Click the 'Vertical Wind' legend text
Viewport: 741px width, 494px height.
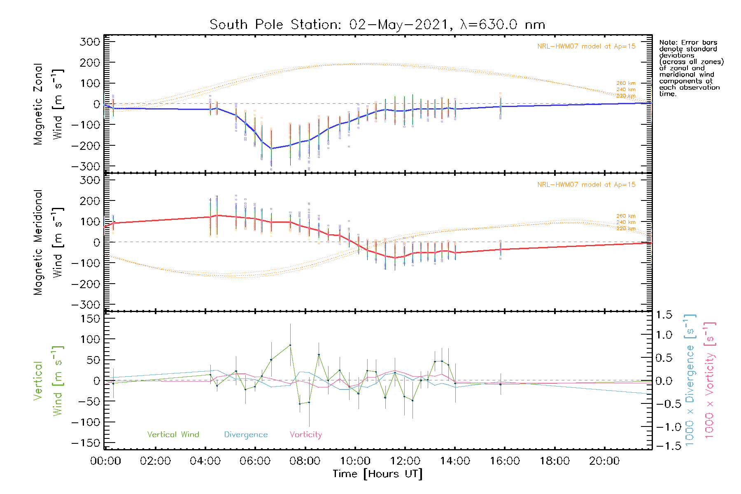point(173,434)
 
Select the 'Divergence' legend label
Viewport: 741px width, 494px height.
point(246,434)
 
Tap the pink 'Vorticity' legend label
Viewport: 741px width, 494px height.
point(305,434)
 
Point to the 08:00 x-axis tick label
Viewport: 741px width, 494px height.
point(305,461)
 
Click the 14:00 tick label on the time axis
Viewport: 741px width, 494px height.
point(455,461)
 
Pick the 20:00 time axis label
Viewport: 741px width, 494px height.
point(604,461)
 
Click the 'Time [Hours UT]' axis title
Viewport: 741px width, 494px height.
point(377,474)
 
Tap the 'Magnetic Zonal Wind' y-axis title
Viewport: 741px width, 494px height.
point(47,104)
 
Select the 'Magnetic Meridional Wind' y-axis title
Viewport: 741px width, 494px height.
point(47,242)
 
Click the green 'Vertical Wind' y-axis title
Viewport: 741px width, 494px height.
point(47,381)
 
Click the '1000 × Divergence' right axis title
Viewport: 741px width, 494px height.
point(690,380)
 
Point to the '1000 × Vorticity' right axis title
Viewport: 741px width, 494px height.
point(710,380)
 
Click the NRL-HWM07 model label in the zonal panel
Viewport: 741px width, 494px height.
point(586,47)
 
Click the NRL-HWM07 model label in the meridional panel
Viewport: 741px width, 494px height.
point(586,185)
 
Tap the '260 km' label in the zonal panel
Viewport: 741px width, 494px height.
point(626,83)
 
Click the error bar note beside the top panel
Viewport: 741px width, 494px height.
point(691,68)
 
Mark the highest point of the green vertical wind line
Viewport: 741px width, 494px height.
point(290,345)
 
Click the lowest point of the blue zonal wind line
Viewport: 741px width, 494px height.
point(271,149)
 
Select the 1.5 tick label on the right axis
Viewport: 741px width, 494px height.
point(664,315)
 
